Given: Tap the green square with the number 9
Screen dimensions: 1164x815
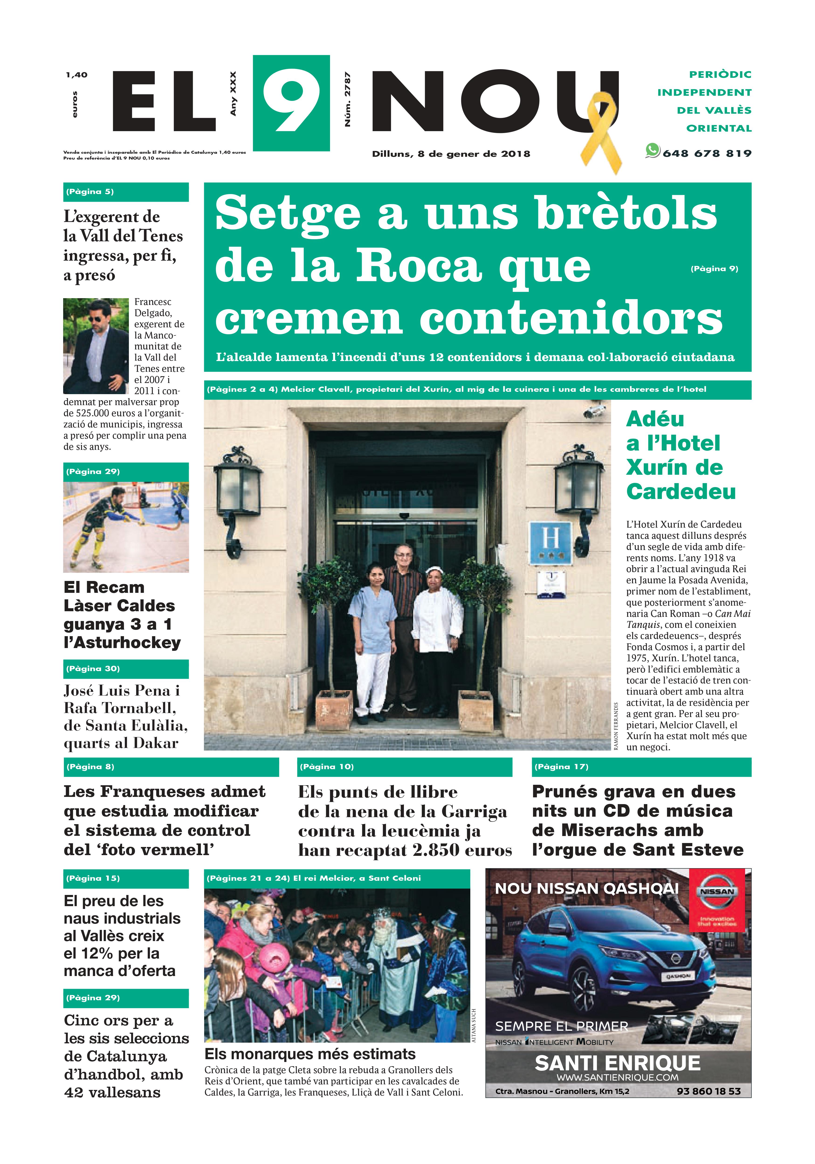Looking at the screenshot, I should [x=291, y=103].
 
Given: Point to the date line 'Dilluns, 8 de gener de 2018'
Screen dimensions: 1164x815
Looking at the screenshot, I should [x=451, y=154].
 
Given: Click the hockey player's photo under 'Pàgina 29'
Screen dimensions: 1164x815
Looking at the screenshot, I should [x=126, y=527].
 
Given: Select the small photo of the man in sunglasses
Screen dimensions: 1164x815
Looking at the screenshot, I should [x=96, y=346].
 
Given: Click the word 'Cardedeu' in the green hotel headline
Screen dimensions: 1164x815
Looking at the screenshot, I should [x=681, y=491].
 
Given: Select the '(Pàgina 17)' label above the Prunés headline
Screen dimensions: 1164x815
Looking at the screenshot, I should [x=561, y=767].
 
